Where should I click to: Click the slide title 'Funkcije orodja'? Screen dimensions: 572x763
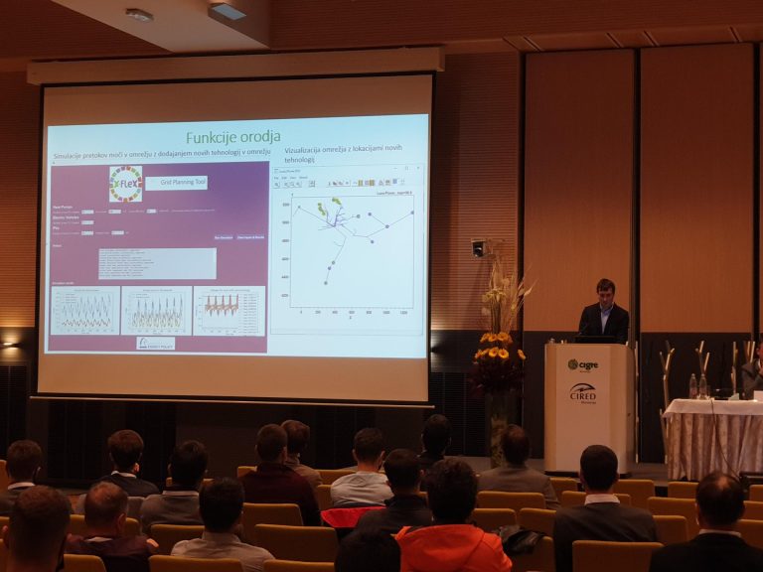click(x=233, y=136)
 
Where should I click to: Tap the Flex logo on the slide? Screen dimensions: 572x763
click(x=125, y=184)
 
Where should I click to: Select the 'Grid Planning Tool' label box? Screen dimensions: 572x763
click(x=177, y=183)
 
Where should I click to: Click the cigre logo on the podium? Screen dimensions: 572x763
click(x=583, y=364)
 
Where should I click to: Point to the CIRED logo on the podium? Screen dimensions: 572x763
click(x=583, y=392)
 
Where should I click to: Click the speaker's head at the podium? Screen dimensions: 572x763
click(x=605, y=290)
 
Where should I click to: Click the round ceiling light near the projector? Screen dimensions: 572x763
click(x=139, y=15)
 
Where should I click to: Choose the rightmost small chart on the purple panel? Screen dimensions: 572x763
click(x=229, y=310)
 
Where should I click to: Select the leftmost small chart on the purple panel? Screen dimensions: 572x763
click(x=85, y=311)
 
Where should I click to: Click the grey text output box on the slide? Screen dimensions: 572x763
click(x=157, y=263)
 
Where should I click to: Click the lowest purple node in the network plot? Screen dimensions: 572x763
click(x=326, y=283)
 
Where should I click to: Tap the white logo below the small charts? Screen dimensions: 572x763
click(x=156, y=343)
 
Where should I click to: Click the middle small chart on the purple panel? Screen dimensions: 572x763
click(x=156, y=311)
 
